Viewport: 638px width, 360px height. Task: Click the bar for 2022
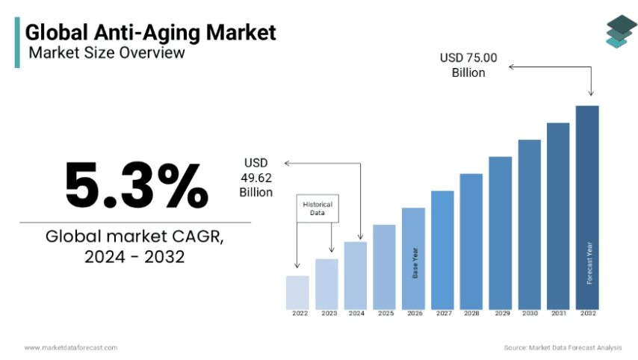[x=297, y=292]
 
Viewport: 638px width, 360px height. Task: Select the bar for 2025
[x=384, y=267]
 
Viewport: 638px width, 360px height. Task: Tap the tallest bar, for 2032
[x=587, y=207]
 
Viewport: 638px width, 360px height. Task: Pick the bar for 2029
[x=501, y=232]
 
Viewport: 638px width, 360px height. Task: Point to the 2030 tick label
[x=530, y=314]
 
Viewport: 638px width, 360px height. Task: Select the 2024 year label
[x=356, y=314]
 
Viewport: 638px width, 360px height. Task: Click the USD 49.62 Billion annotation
[x=255, y=178]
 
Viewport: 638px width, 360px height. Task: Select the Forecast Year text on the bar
[x=589, y=263]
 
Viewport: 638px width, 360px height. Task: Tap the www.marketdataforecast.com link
[x=70, y=347]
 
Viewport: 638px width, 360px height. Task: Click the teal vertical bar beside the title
[x=17, y=43]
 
